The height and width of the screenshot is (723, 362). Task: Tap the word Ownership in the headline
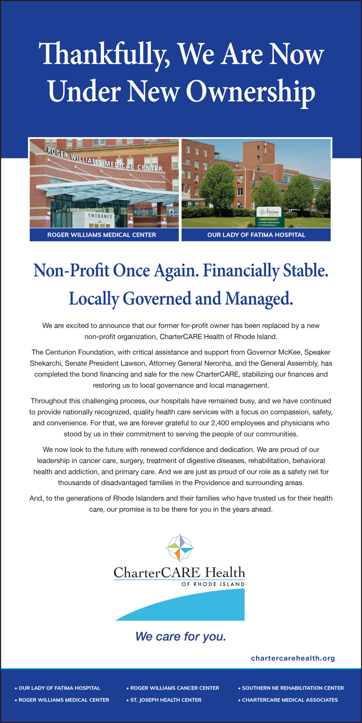(250, 92)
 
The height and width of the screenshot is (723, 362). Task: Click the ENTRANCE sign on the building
(100, 216)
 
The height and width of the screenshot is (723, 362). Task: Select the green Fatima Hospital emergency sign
(269, 217)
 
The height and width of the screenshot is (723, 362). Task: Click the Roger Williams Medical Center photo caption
(102, 235)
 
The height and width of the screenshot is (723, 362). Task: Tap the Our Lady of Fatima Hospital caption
(256, 235)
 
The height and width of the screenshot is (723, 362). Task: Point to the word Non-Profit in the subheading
(71, 271)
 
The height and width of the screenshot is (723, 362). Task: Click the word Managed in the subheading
(259, 299)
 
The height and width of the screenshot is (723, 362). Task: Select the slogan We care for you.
(181, 637)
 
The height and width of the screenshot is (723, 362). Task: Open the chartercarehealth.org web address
(293, 658)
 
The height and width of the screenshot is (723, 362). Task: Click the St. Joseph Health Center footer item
(166, 700)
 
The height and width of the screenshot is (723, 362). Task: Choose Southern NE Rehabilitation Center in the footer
(293, 688)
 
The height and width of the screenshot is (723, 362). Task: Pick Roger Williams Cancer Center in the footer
(174, 688)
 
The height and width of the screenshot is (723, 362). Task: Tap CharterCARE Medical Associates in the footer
(290, 700)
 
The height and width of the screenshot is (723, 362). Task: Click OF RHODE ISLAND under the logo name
(213, 584)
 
